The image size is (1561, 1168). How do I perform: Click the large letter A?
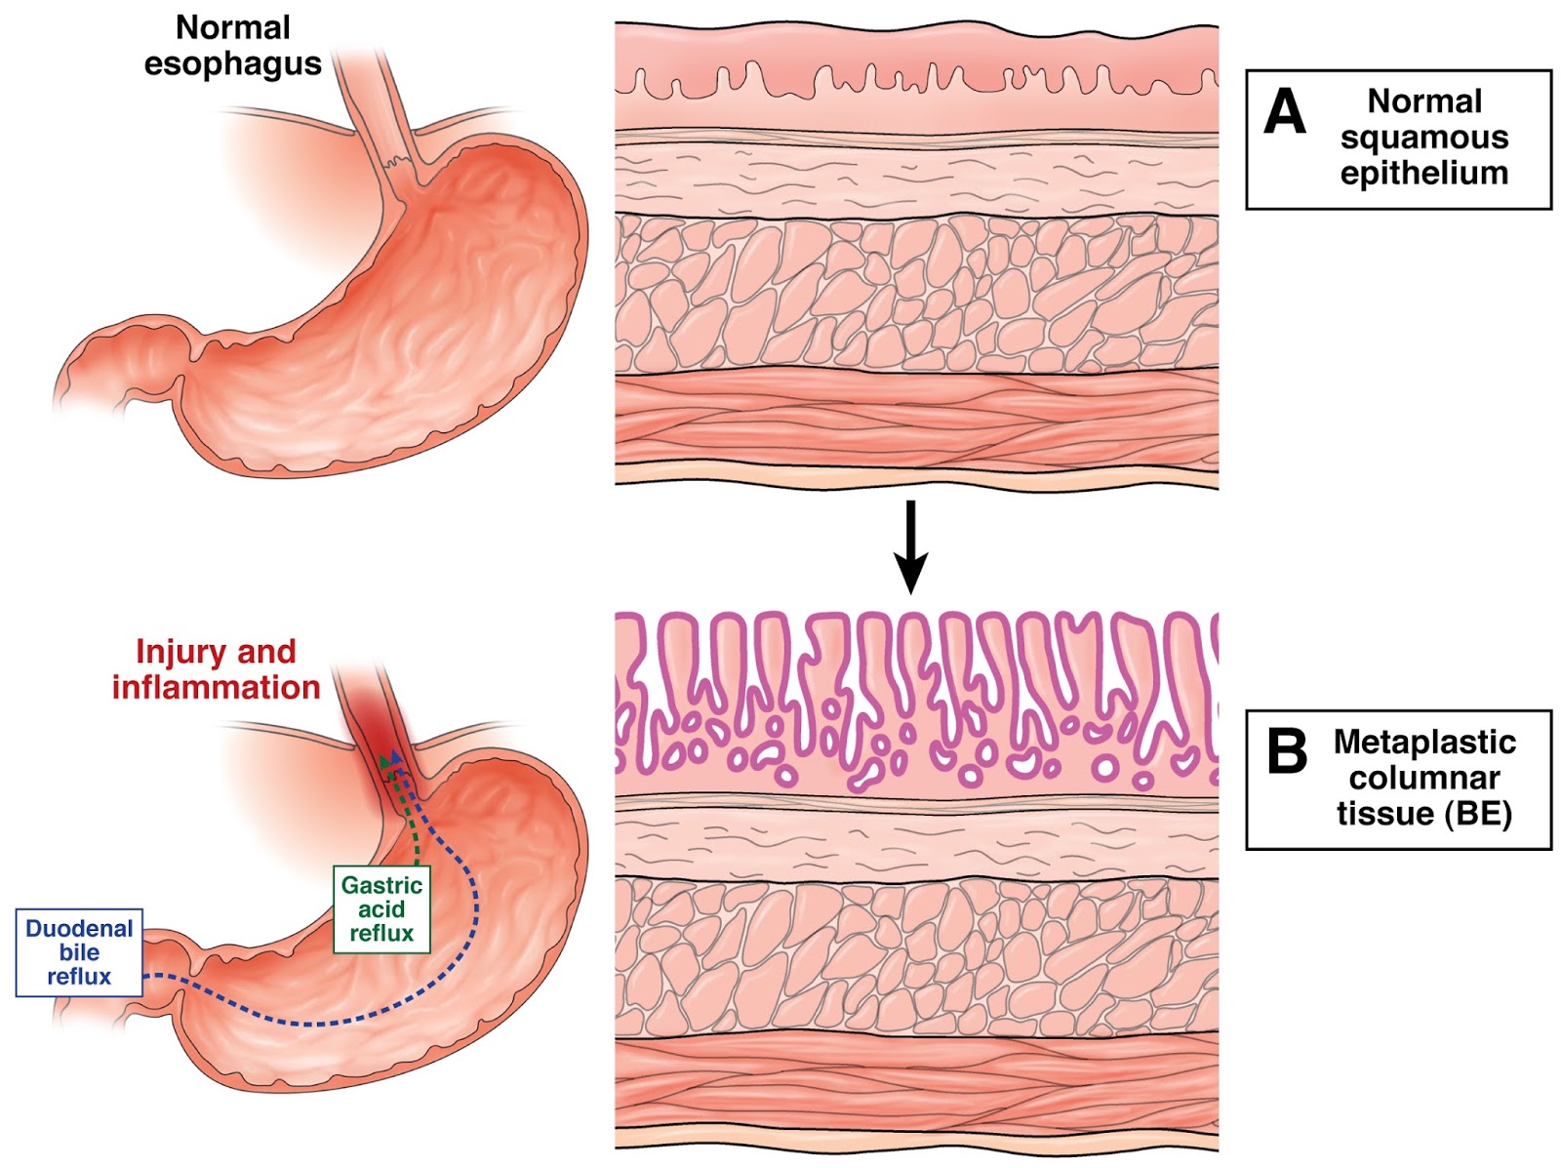click(1284, 111)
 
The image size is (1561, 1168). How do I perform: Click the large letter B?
click(1287, 751)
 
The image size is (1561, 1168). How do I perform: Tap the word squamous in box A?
click(1424, 138)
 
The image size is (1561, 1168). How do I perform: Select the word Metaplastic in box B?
click(1424, 742)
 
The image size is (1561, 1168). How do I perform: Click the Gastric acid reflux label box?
click(381, 909)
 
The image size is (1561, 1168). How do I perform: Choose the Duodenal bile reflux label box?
click(79, 952)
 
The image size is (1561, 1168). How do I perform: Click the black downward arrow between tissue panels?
click(910, 547)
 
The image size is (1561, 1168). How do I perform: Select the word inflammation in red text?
click(217, 688)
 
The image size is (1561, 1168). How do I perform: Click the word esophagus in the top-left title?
click(233, 64)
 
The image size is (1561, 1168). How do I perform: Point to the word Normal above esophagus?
click(233, 28)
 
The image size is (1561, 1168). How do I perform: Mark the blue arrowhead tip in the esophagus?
click(396, 754)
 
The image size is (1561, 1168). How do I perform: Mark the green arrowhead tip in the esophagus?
click(384, 756)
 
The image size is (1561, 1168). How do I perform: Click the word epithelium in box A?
click(1424, 174)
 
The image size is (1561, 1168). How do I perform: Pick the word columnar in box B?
click(1424, 779)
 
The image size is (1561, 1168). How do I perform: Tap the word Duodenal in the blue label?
click(79, 928)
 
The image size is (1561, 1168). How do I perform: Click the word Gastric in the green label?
click(381, 885)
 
